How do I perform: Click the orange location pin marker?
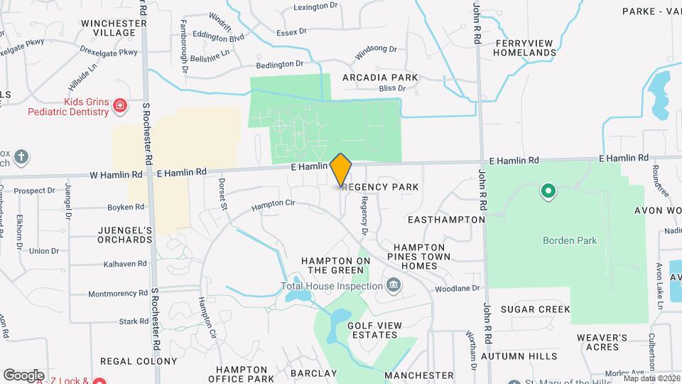(x=341, y=171)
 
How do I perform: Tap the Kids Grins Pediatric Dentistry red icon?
(x=120, y=107)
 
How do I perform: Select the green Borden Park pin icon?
(x=548, y=191)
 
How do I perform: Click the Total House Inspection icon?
(x=393, y=287)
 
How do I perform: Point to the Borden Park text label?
(x=570, y=240)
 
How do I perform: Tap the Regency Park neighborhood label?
(x=379, y=186)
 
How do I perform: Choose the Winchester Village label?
(x=109, y=28)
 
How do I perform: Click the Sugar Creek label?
(x=535, y=309)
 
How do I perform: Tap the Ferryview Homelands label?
(x=524, y=48)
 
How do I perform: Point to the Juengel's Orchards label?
(x=125, y=235)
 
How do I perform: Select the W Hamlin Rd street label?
(x=116, y=174)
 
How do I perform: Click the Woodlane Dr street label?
(x=458, y=289)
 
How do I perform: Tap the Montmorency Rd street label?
(x=117, y=294)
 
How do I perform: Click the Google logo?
(x=23, y=375)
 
